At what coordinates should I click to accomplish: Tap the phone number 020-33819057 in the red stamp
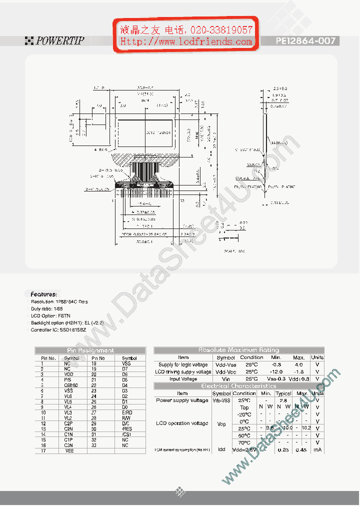click(x=220, y=30)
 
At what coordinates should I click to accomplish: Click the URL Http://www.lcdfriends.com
click(x=186, y=42)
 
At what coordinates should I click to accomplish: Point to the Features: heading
click(x=43, y=294)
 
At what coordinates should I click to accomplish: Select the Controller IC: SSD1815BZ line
click(x=58, y=330)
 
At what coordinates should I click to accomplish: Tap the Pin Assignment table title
click(x=90, y=350)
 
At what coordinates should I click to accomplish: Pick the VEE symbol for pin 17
click(x=69, y=451)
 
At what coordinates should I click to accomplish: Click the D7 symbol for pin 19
click(x=125, y=368)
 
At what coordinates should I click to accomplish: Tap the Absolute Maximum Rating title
click(x=238, y=350)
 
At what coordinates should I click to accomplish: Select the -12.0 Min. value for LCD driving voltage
click(x=276, y=372)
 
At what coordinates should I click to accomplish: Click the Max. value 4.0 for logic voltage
click(x=298, y=364)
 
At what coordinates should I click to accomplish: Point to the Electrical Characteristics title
click(x=238, y=386)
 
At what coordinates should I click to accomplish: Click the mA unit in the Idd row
click(x=317, y=449)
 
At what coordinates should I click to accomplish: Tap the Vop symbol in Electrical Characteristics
click(x=221, y=424)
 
